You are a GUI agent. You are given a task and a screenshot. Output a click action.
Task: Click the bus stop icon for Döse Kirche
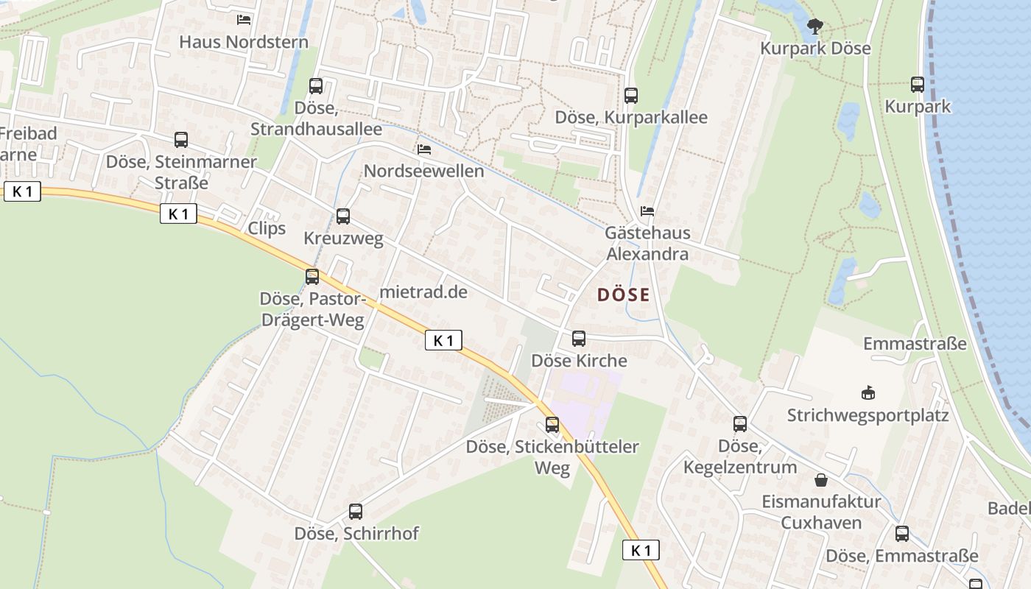tap(579, 339)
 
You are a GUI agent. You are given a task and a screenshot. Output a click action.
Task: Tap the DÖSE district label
tap(624, 295)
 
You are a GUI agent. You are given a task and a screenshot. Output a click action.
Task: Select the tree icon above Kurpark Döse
tap(814, 27)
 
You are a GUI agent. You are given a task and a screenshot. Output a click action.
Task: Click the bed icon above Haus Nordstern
tap(244, 20)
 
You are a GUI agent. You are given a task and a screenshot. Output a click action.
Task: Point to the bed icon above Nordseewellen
tap(424, 149)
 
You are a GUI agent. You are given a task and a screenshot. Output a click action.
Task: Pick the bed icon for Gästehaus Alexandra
tap(647, 211)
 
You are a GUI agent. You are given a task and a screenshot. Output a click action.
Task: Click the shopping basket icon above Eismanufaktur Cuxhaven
tap(821, 481)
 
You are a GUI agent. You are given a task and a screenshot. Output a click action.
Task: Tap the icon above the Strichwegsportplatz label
tap(868, 393)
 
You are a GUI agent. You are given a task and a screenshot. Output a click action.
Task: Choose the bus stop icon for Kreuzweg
tap(343, 216)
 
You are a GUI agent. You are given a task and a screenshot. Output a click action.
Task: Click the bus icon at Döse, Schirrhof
tap(356, 511)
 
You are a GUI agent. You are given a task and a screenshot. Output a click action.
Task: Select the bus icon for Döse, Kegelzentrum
tap(740, 424)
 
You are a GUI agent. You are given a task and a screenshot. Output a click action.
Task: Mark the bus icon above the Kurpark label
tap(918, 85)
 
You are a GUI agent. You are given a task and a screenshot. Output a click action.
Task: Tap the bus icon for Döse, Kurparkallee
tap(631, 95)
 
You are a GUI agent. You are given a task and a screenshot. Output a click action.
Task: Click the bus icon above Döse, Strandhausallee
tap(316, 86)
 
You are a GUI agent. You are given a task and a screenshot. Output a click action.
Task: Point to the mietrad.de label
tap(423, 292)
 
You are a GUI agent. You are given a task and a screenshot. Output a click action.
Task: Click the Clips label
tap(267, 228)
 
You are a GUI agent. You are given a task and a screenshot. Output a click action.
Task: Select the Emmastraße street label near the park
tap(915, 344)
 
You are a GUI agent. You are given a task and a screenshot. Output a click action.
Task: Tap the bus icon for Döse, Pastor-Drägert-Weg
tap(312, 277)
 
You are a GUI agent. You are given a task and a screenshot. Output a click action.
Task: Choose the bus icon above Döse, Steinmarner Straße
tap(181, 140)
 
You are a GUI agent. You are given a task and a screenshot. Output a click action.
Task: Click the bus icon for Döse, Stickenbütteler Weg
tap(552, 425)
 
